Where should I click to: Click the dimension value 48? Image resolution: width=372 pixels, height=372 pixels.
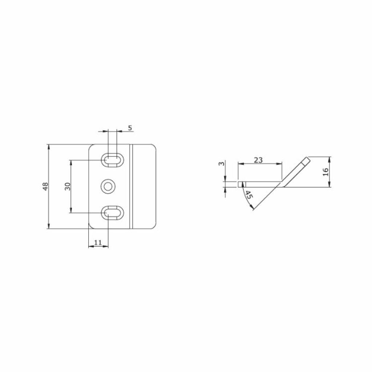(x=45, y=186)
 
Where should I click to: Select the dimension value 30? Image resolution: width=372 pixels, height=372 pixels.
(x=68, y=186)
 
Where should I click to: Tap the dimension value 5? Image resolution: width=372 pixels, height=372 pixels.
(x=130, y=128)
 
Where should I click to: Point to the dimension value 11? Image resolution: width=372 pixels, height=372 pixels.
(x=98, y=242)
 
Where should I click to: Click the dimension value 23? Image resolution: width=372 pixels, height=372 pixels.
(x=258, y=160)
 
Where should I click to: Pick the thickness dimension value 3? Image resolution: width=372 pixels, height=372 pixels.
(x=221, y=163)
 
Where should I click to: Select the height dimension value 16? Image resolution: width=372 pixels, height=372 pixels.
(x=325, y=172)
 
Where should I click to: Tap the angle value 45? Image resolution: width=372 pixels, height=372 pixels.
(x=248, y=195)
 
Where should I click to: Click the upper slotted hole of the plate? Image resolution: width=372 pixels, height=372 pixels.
(x=113, y=160)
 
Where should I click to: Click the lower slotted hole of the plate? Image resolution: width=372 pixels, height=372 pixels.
(x=113, y=213)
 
